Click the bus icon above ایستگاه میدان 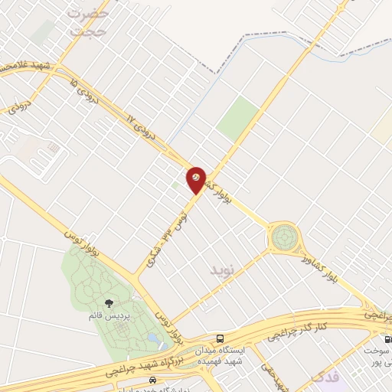click(220, 338)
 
